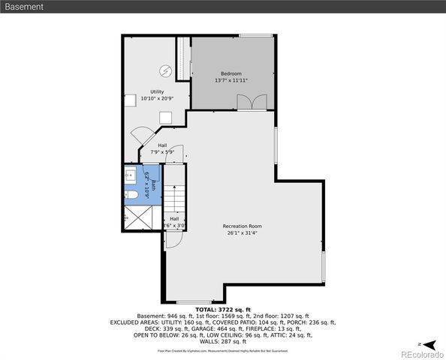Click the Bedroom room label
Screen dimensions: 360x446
[231, 73]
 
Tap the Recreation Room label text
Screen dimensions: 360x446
[242, 226]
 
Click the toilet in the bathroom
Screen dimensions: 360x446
[130, 197]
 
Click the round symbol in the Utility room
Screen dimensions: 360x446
[164, 72]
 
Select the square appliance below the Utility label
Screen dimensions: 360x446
[165, 117]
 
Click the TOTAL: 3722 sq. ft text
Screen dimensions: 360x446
[222, 310]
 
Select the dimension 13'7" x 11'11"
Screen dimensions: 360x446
[231, 80]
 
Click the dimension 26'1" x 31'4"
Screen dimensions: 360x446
[242, 232]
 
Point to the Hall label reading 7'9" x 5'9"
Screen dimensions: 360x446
[162, 152]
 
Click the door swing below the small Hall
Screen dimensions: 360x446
[173, 239]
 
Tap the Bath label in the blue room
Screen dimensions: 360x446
[153, 184]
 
